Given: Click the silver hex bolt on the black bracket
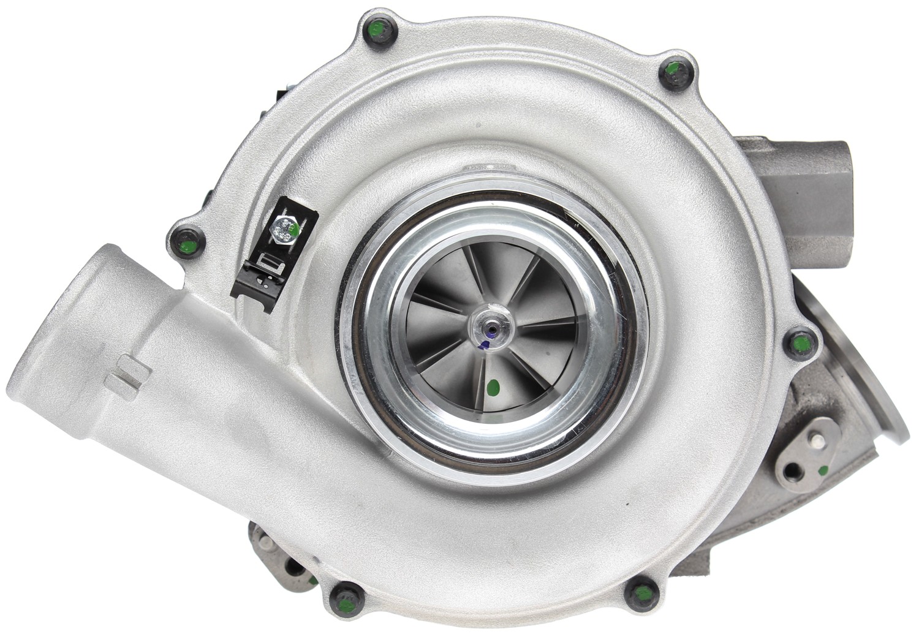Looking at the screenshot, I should tap(284, 229).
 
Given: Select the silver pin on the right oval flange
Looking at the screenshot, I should tap(816, 441).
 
